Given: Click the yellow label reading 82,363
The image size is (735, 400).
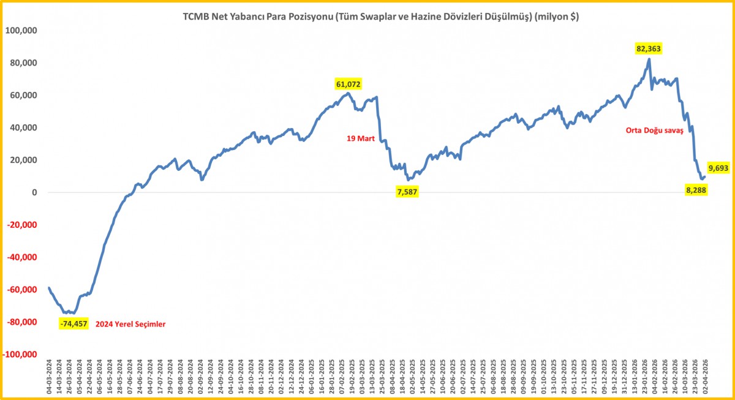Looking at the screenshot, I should (649, 48).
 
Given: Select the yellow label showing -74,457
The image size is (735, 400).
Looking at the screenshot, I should (75, 323).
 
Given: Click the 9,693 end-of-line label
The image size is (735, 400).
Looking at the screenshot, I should (718, 167).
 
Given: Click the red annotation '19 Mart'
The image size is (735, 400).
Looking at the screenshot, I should (361, 139).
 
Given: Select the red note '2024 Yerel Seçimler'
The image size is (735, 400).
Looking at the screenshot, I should (131, 323).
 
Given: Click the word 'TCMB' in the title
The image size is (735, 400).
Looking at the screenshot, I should (195, 18).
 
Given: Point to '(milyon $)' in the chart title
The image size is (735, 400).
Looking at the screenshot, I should (556, 18).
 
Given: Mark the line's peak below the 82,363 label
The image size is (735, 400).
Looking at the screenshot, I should (649, 59).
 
